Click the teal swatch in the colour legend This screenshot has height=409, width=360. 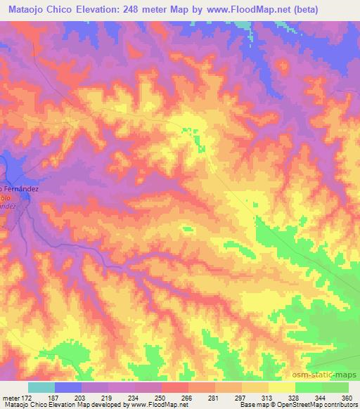coord(41,387)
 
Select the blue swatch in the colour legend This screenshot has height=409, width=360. coord(68,387)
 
